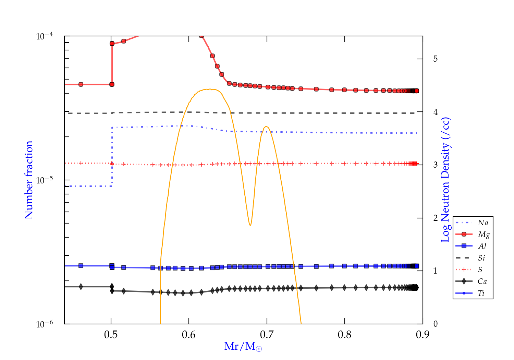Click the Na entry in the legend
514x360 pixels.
pyautogui.click(x=483, y=223)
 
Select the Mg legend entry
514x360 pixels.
pyautogui.click(x=484, y=235)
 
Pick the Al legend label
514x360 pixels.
pyautogui.click(x=482, y=246)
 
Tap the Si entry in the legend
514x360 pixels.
pyautogui.click(x=481, y=258)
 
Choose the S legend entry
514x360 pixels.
pyautogui.click(x=480, y=269)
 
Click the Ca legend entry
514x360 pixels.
pyautogui.click(x=482, y=281)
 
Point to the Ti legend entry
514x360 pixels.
pyautogui.click(x=481, y=293)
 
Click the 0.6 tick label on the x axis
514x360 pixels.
pyautogui.click(x=189, y=335)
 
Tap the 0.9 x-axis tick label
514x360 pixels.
pyautogui.click(x=423, y=335)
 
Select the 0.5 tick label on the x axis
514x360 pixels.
pyautogui.click(x=111, y=335)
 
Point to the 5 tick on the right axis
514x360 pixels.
pyautogui.click(x=436, y=59)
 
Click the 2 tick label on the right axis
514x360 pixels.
pyautogui.click(x=436, y=218)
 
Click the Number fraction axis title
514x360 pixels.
pyautogui.click(x=29, y=180)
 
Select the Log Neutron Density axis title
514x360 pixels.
pyautogui.click(x=445, y=180)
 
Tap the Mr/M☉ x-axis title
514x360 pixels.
pyautogui.click(x=243, y=346)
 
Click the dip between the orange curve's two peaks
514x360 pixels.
pyautogui.click(x=250, y=225)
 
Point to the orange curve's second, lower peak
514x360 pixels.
pyautogui.click(x=266, y=127)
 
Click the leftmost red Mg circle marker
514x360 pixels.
pyautogui.click(x=81, y=84)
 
